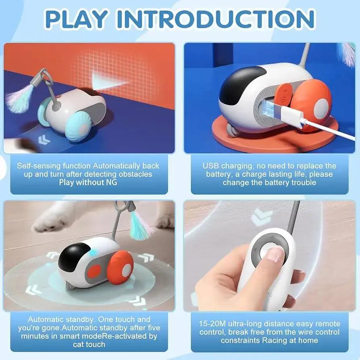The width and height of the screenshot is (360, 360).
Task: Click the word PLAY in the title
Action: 76,19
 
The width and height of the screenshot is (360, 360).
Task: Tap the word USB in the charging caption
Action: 211,166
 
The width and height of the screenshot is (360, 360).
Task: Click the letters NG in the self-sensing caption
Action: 112,182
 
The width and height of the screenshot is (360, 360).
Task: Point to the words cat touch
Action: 89,344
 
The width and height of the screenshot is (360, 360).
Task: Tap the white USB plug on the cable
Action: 291,115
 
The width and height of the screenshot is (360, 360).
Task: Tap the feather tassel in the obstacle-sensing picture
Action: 20,98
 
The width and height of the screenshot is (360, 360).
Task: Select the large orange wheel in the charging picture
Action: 313,103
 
